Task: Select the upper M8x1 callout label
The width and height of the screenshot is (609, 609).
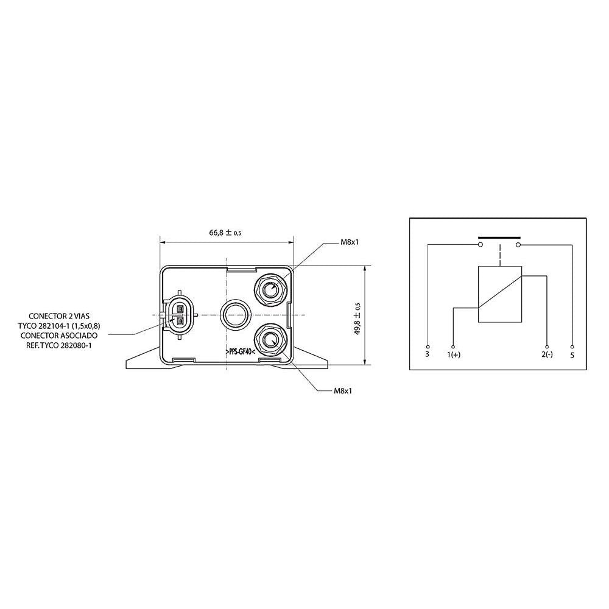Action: tap(349, 242)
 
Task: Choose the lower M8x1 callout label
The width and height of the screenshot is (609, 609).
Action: tap(343, 391)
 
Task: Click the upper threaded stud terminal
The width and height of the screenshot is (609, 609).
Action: tap(270, 289)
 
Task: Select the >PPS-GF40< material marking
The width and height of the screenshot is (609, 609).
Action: tap(239, 351)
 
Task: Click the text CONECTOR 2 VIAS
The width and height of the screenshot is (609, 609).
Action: tap(59, 317)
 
